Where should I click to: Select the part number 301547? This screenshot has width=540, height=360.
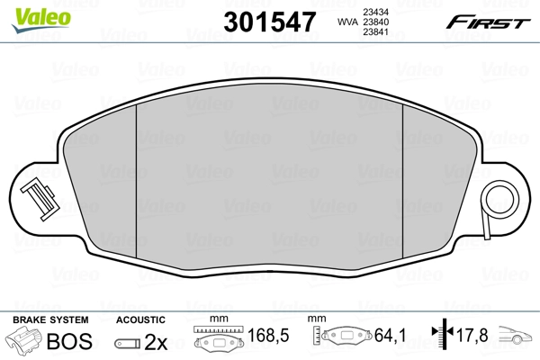click(x=268, y=22)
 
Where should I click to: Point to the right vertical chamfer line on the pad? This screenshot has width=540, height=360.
click(x=401, y=180)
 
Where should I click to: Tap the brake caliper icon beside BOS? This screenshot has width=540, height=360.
click(x=25, y=341)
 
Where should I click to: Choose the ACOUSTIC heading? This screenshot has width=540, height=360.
click(x=140, y=319)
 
